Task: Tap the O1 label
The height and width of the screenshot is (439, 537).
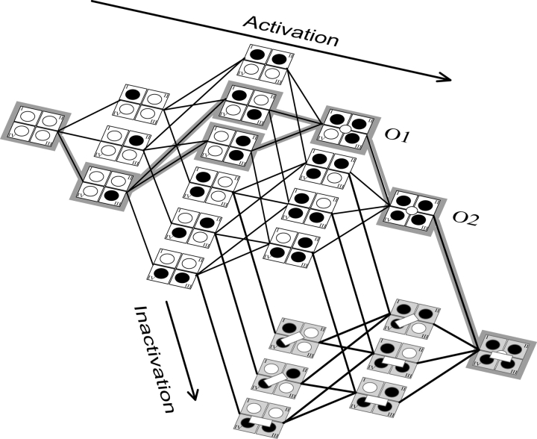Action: (395, 137)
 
